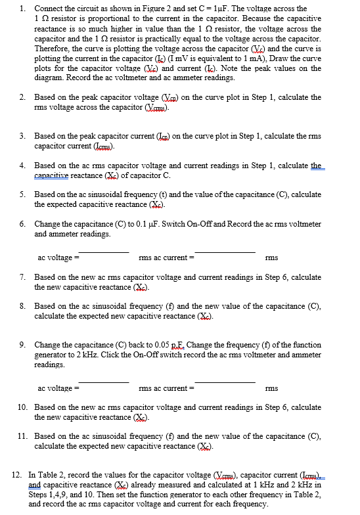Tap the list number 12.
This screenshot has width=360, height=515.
16,474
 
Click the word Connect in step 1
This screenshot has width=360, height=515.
49,9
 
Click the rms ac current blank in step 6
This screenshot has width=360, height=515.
224,252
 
